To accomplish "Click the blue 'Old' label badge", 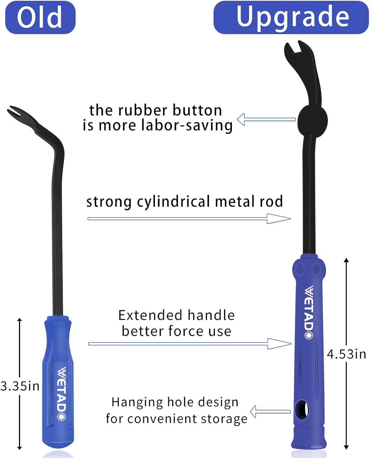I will pos(40,17).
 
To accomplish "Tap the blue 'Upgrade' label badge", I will pos(291,17).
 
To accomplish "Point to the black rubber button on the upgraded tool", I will pos(312,120).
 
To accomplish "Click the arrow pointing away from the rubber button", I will pos(266,119).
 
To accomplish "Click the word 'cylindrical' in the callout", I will pos(174,202).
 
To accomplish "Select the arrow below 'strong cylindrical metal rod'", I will pos(189,219).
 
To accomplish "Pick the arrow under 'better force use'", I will pos(190,344).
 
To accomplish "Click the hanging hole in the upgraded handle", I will pos(302,410).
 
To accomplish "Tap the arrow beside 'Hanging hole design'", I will pos(270,412).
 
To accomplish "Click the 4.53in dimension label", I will pos(346,354).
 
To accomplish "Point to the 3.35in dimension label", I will pos(20,386).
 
